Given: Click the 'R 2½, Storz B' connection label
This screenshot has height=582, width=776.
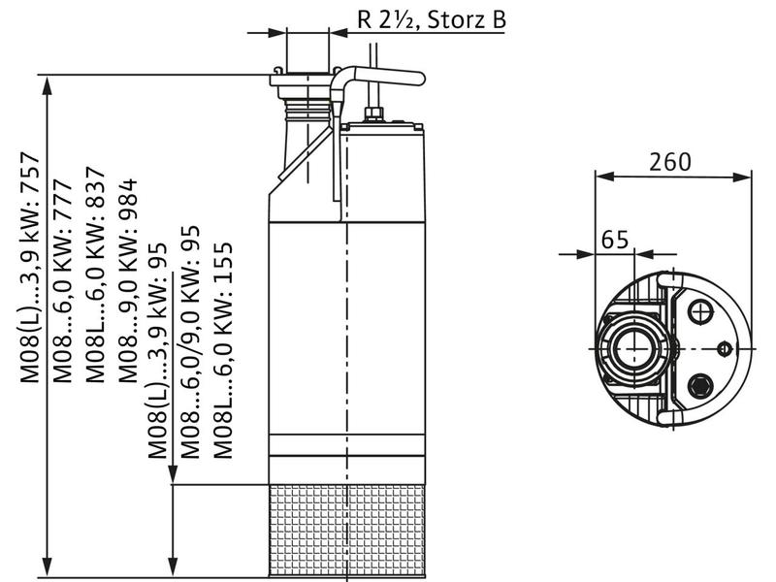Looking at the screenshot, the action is click(432, 19).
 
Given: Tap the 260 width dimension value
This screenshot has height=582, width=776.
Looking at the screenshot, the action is click(669, 162).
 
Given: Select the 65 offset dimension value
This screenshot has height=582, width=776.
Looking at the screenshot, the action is click(615, 239).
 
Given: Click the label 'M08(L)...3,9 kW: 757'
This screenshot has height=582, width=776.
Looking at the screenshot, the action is click(30, 269).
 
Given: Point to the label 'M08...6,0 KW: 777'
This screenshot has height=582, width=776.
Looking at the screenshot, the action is click(63, 280).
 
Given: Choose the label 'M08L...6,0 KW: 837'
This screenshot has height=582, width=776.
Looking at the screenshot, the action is click(95, 275).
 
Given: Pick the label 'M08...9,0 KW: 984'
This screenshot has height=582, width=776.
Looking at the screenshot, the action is click(128, 280).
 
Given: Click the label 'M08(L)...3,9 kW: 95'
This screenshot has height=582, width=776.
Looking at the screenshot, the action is click(158, 350).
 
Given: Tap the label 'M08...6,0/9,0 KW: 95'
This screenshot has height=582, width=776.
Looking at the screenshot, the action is click(190, 342).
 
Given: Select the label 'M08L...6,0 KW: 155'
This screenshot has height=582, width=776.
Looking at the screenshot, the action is click(223, 350).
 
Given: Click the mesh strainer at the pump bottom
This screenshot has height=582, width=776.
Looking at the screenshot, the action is click(347, 531).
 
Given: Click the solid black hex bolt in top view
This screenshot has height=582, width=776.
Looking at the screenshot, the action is click(700, 384).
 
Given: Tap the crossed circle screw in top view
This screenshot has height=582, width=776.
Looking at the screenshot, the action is click(700, 312).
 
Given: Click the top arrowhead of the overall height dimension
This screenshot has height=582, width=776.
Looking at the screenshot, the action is click(47, 85).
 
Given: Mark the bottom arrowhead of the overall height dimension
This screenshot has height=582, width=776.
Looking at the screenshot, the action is click(47, 566).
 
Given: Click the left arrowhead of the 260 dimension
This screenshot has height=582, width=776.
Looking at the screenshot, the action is click(604, 177).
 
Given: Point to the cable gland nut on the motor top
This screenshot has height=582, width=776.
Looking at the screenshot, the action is click(372, 114).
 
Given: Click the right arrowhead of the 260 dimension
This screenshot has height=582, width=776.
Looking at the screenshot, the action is click(742, 177).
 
